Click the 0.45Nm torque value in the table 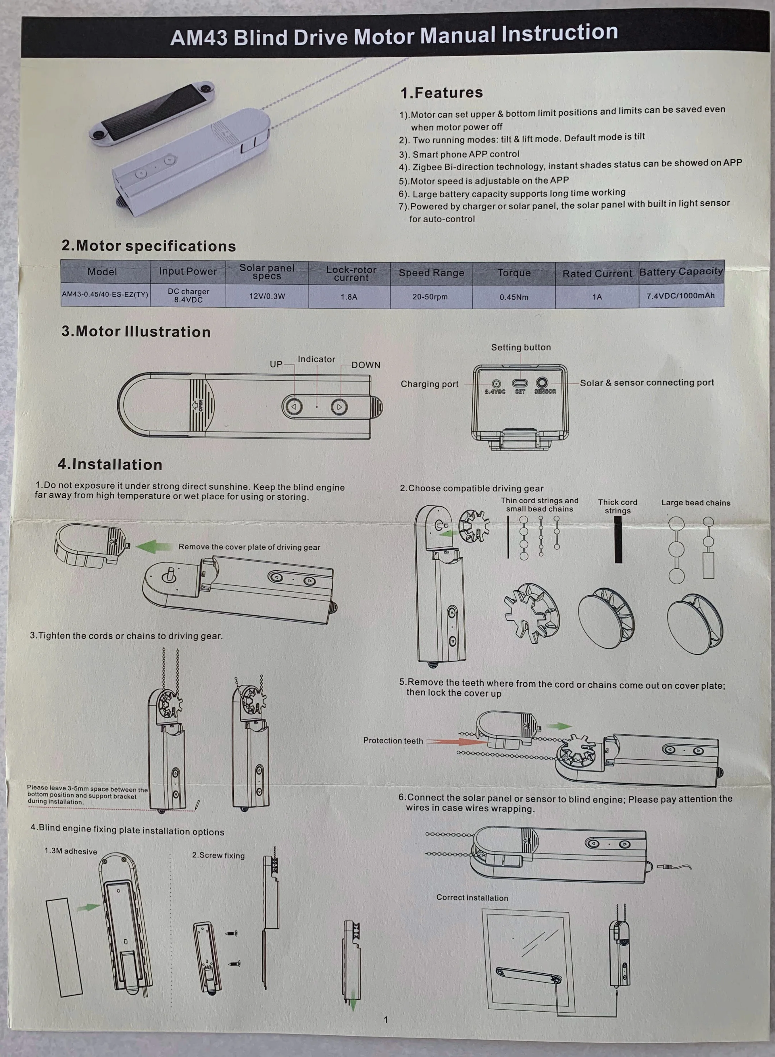[x=514, y=297]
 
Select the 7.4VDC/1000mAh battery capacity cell [x=680, y=295]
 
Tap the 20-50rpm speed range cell [x=430, y=297]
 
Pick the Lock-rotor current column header [x=351, y=274]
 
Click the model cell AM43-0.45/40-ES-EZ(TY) [x=105, y=294]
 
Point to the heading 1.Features [x=441, y=93]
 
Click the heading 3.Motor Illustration [x=136, y=332]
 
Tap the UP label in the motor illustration [x=276, y=364]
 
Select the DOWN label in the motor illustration [x=366, y=365]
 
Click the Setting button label [x=521, y=347]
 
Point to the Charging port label [x=429, y=384]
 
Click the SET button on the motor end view [x=520, y=383]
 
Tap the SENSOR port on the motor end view [x=542, y=383]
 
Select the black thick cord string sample [x=618, y=539]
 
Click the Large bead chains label [x=695, y=503]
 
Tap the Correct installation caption [x=472, y=898]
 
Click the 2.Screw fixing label [x=218, y=855]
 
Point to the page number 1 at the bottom [x=386, y=1019]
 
